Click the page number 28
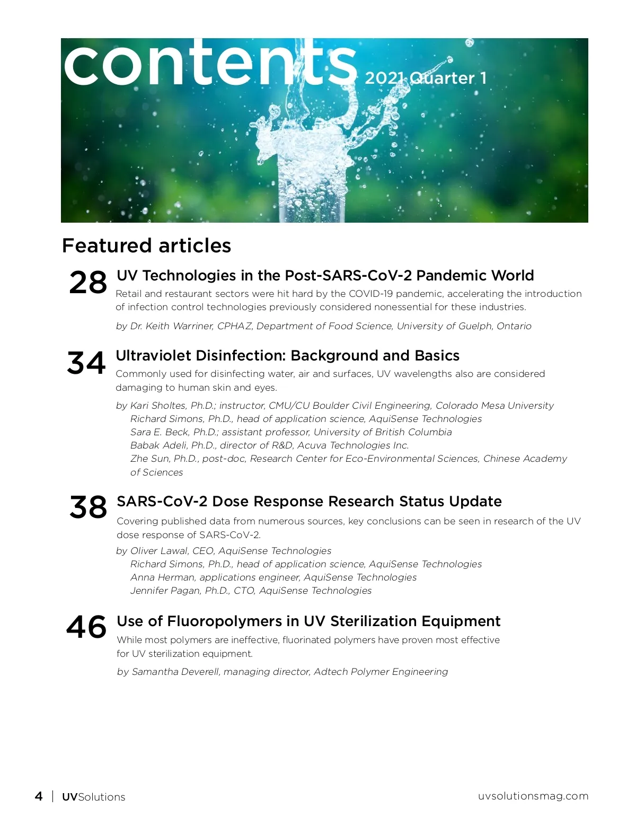pos(87,283)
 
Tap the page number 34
pos(86,363)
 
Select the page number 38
pos(88,507)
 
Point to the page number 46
pos(86,627)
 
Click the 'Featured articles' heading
pos(146,245)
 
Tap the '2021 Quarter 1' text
pos(426,78)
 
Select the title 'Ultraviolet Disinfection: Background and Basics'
pos(287,356)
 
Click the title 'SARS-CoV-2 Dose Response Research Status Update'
pos(309,502)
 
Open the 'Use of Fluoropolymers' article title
pos(308,621)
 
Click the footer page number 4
pos(39,796)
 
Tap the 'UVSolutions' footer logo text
pos(94,797)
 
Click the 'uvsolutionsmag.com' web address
pos(533,796)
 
